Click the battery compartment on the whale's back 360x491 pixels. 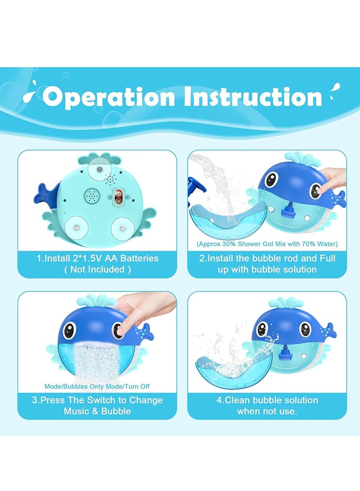tap(119, 197)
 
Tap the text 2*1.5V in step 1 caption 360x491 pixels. tap(84, 258)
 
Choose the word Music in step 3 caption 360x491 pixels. tap(81, 411)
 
